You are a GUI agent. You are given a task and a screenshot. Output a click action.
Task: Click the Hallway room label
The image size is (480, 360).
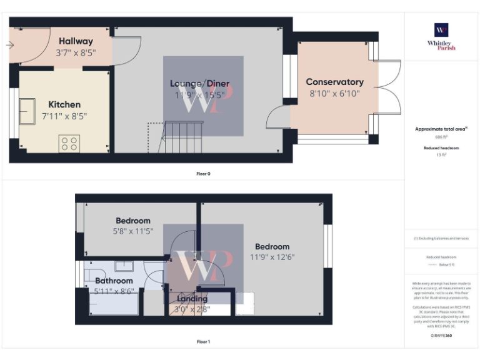[76, 41]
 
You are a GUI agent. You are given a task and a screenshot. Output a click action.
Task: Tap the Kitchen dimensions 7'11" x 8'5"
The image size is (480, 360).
[64, 116]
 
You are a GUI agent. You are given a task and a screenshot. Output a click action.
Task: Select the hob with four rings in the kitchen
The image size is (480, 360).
[69, 144]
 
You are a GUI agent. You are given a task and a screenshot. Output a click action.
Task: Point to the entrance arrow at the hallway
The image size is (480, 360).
[11, 45]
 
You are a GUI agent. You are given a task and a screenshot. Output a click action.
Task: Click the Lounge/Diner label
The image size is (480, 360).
[200, 84]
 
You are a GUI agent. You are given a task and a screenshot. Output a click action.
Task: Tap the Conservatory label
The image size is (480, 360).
[334, 82]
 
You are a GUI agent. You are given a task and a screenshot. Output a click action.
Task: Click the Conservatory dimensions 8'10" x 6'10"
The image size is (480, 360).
[334, 94]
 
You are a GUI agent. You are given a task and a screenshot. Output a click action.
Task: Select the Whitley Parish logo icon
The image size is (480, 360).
[441, 30]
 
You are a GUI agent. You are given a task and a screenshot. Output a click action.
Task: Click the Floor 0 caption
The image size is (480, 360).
[203, 174]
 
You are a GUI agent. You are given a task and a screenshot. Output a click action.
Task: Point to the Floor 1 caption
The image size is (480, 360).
[203, 342]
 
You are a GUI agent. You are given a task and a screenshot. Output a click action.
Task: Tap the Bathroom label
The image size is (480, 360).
[114, 281]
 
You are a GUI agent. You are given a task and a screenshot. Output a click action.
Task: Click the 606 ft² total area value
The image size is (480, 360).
[442, 137]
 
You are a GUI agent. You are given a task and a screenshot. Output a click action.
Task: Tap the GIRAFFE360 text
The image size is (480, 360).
[441, 336]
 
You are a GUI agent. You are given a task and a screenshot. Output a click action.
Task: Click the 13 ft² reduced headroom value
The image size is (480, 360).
[442, 155]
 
